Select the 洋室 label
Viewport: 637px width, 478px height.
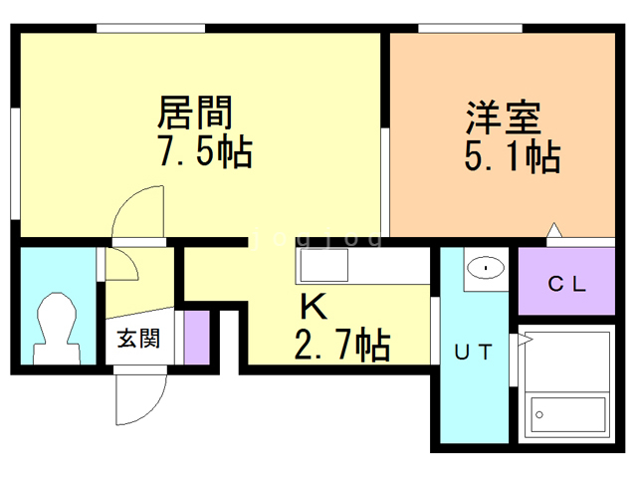[502, 117]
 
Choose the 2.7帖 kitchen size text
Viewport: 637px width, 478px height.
[340, 345]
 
